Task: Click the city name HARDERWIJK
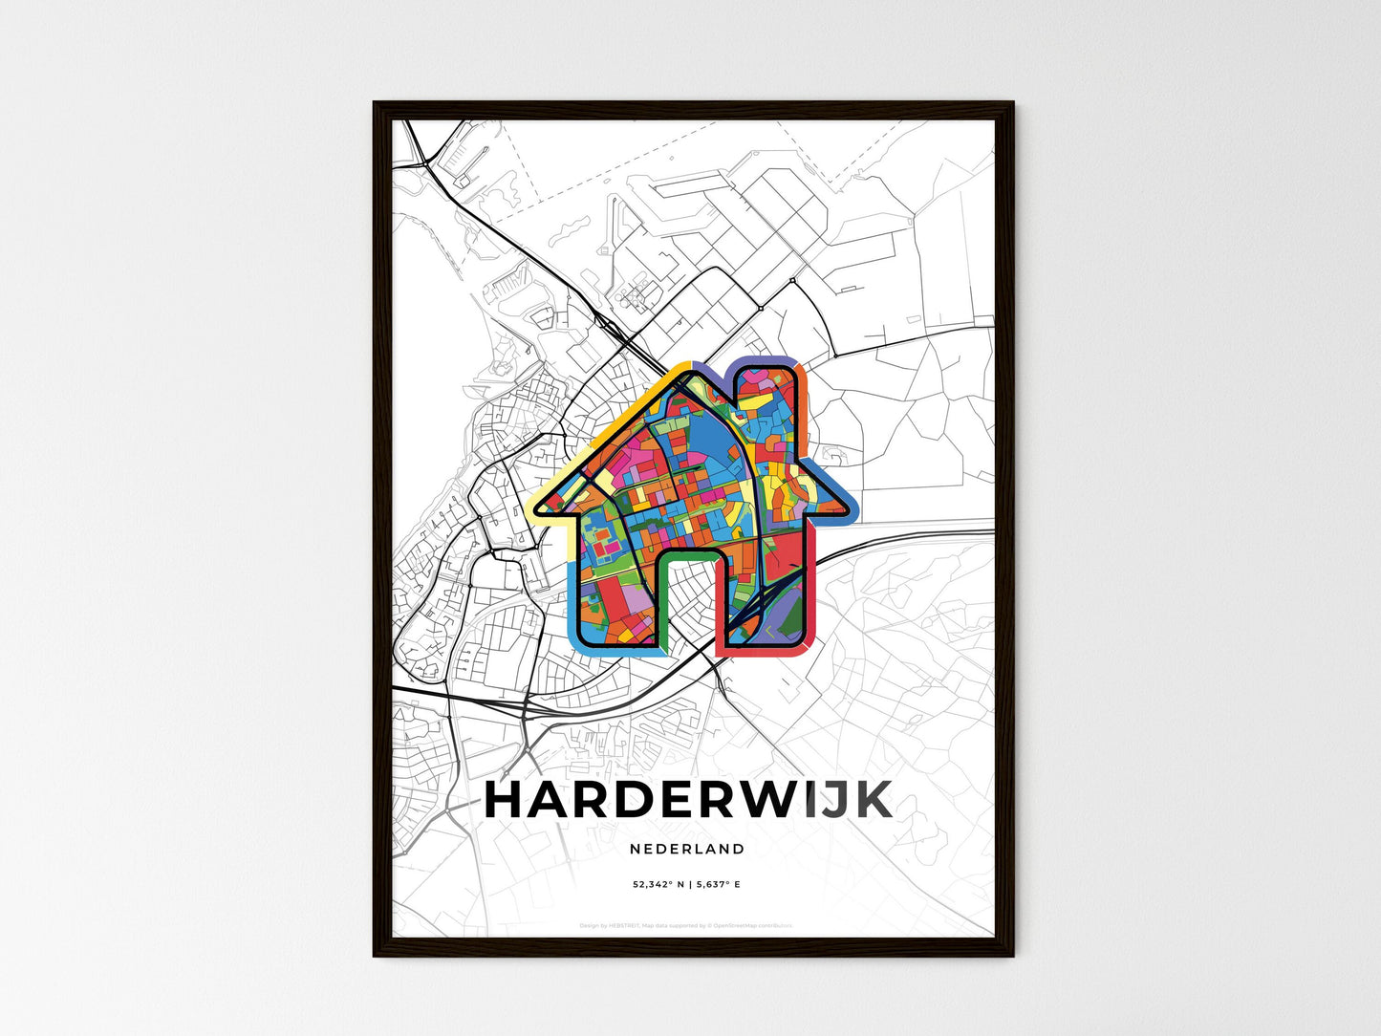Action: click(688, 800)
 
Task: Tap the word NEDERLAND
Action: click(687, 849)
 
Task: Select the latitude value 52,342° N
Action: click(658, 885)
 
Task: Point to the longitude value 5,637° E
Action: click(718, 885)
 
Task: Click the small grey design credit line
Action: click(686, 925)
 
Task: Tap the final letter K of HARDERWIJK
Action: click(872, 800)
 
